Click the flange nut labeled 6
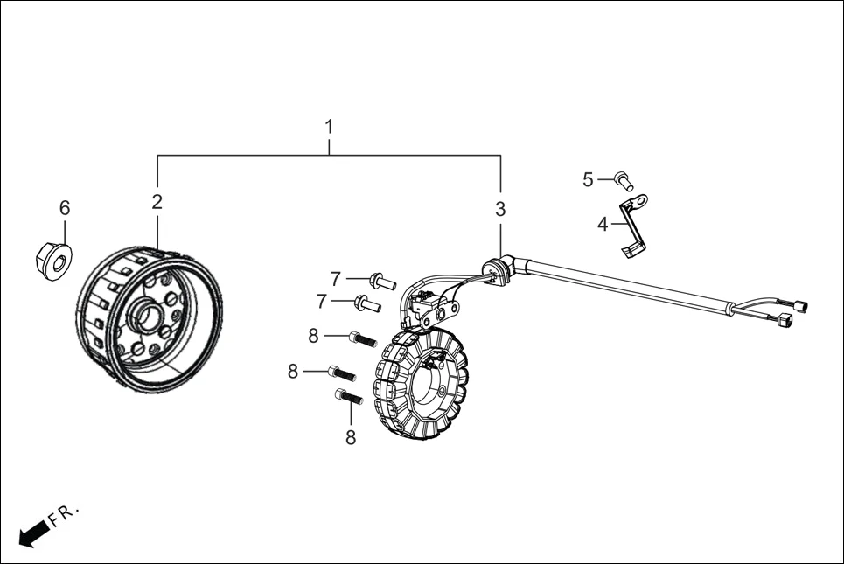click(x=54, y=261)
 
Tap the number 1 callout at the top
click(x=329, y=127)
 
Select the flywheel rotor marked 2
click(x=149, y=319)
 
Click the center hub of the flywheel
click(x=146, y=317)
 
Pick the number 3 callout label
click(x=500, y=209)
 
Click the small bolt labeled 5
click(x=624, y=180)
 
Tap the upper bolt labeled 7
click(x=382, y=281)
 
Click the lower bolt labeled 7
click(x=367, y=303)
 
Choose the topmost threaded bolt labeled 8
click(x=363, y=339)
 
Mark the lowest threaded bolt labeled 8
click(x=349, y=397)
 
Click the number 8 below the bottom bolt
click(x=351, y=437)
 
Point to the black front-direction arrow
click(x=34, y=533)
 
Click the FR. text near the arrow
click(x=64, y=514)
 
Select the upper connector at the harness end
click(x=801, y=306)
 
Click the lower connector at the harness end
click(x=785, y=321)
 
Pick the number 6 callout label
click(x=65, y=208)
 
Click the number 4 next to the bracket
click(x=603, y=225)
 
